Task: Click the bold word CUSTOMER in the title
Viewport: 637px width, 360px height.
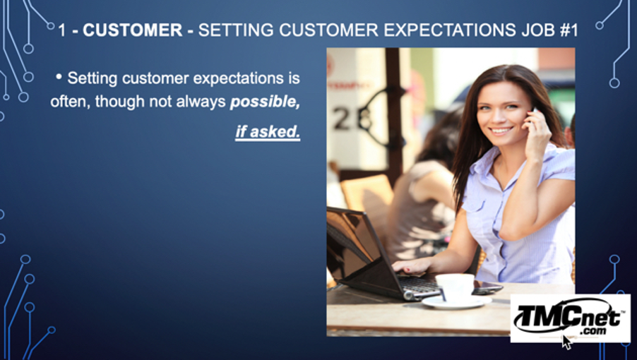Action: pyautogui.click(x=133, y=30)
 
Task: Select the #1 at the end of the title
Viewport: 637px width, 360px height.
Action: pyautogui.click(x=568, y=30)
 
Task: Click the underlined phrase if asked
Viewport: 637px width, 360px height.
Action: pyautogui.click(x=268, y=132)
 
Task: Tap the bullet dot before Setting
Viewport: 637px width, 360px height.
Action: pyautogui.click(x=59, y=76)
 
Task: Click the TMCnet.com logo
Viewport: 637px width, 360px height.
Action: pyautogui.click(x=571, y=318)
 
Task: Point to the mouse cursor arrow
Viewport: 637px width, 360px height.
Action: pyautogui.click(x=566, y=342)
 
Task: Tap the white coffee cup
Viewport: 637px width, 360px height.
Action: pyautogui.click(x=455, y=287)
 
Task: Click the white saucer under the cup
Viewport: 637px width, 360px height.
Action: pyautogui.click(x=456, y=302)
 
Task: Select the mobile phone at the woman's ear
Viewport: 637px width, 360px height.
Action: pyautogui.click(x=533, y=115)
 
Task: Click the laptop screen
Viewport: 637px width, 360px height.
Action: pyautogui.click(x=352, y=244)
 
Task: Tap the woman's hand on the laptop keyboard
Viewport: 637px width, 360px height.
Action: pyautogui.click(x=412, y=266)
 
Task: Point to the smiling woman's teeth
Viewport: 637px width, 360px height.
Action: pyautogui.click(x=501, y=131)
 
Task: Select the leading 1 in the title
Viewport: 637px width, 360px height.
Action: pyautogui.click(x=61, y=30)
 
